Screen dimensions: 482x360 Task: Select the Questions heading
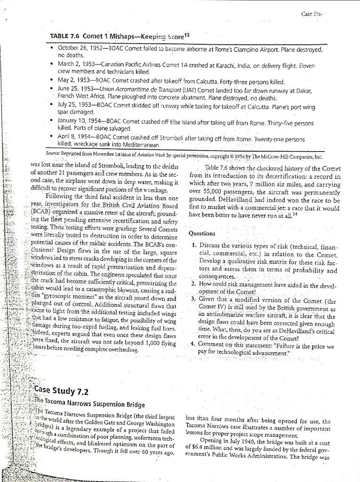[x=202, y=233]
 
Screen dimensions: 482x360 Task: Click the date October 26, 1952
[x=81, y=49]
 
